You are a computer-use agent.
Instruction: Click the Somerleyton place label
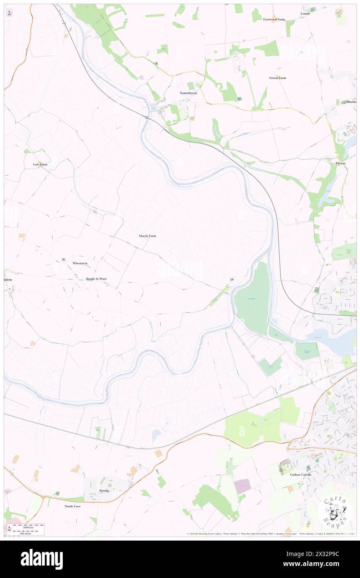[x=188, y=93]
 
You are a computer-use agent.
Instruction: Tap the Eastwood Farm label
[x=274, y=20]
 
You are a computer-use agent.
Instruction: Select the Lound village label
[x=305, y=14]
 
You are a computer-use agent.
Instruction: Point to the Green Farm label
[x=277, y=78]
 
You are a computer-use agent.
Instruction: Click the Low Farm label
[x=40, y=164]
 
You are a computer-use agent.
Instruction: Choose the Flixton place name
[x=340, y=163]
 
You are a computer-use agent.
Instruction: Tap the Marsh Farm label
[x=148, y=236]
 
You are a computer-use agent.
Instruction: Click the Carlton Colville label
[x=300, y=474]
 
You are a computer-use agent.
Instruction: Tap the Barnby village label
[x=104, y=491]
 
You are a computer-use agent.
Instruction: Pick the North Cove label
[x=72, y=506]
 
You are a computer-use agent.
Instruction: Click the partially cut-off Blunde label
[x=351, y=102]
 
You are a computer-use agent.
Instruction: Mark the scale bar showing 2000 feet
[x=28, y=529]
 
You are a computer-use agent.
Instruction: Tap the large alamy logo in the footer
[x=42, y=559]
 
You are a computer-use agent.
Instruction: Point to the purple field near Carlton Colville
[x=243, y=486]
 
